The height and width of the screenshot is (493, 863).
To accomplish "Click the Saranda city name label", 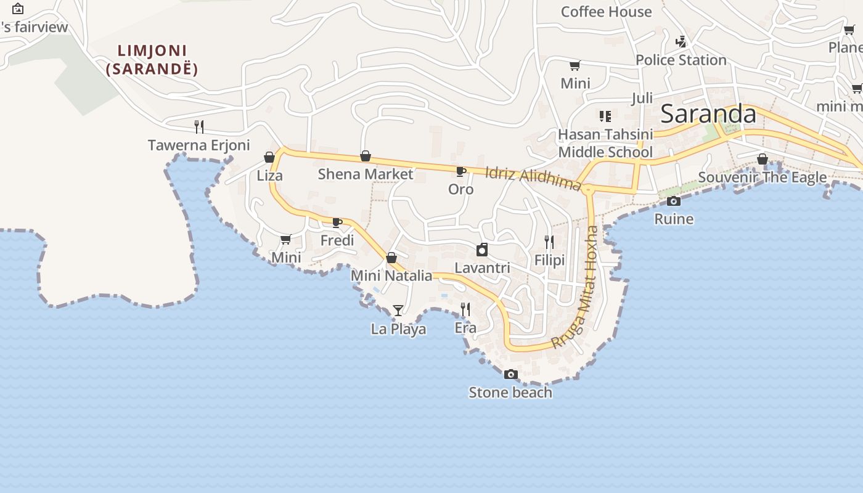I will click(708, 114).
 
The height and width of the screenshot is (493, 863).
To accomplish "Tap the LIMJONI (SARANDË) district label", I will click(152, 60).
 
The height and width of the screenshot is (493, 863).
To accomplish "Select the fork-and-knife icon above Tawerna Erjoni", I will click(199, 127).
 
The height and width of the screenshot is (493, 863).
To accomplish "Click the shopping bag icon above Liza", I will click(269, 157).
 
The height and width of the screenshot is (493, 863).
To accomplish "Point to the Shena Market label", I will click(366, 174).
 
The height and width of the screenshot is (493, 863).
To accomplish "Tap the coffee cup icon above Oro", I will click(460, 171).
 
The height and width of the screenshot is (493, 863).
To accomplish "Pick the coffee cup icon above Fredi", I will click(337, 222).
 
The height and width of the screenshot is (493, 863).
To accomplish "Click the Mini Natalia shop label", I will click(391, 275).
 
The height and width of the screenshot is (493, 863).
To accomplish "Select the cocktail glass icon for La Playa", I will click(398, 311).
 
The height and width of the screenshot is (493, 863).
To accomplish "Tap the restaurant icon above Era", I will click(466, 309).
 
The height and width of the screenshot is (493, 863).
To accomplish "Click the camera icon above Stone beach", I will click(510, 375).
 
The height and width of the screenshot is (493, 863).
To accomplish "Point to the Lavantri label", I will click(482, 268).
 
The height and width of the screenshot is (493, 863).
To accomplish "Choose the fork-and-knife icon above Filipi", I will click(549, 242).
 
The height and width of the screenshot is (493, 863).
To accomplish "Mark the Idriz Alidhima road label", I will click(533, 178).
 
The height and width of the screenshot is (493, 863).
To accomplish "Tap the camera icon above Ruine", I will click(674, 201).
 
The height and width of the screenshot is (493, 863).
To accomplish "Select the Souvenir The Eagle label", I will click(762, 177).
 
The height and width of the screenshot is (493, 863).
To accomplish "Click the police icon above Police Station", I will click(681, 42).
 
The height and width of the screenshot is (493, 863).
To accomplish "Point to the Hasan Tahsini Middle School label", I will click(605, 143).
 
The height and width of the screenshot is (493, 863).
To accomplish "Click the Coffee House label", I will click(606, 12).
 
